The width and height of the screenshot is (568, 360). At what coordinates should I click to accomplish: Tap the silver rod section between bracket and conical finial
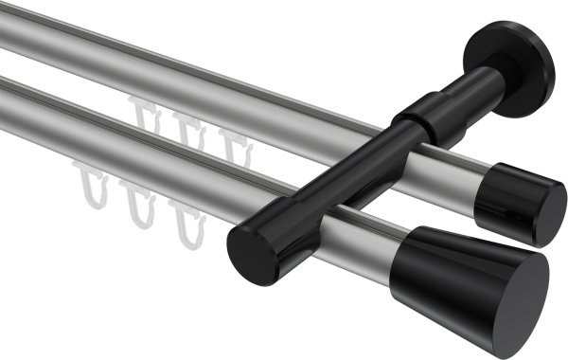click(360, 242)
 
